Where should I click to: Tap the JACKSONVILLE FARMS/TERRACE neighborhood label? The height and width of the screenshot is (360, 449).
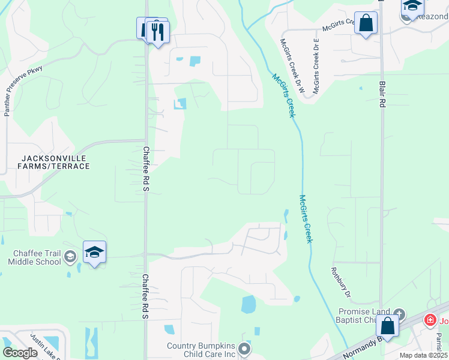tap(55, 162)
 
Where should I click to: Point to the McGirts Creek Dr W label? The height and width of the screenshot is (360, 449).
tap(293, 65)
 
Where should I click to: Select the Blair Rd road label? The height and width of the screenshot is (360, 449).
tap(382, 94)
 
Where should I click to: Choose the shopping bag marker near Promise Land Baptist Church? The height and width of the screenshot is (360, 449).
tap(388, 326)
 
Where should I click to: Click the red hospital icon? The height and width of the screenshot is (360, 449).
tap(429, 320)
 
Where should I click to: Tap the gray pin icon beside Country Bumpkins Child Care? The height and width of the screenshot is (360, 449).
tap(244, 349)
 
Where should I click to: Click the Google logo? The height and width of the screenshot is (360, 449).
tap(20, 353)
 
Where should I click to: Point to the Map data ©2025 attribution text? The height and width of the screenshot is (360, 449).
tap(424, 355)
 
